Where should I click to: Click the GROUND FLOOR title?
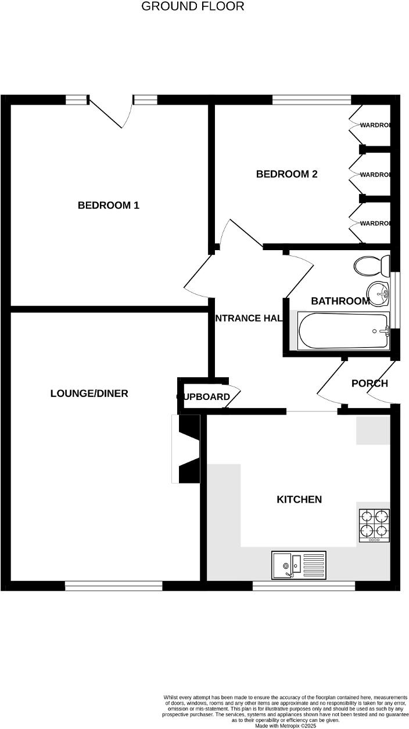click(193, 7)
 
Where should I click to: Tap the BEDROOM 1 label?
click(109, 205)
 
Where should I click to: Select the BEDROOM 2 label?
click(287, 174)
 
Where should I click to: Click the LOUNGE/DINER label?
click(89, 394)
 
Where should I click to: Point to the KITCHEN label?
click(299, 500)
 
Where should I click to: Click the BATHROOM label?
click(340, 301)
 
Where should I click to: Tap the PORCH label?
click(369, 384)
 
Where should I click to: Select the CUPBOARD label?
click(203, 397)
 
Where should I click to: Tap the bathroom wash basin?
click(378, 294)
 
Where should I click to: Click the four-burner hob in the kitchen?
click(374, 525)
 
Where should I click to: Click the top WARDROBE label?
click(375, 125)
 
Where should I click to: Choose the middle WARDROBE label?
click(375, 175)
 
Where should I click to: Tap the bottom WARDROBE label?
click(375, 224)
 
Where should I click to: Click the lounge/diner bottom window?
click(113, 587)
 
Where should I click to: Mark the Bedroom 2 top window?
click(311, 99)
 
